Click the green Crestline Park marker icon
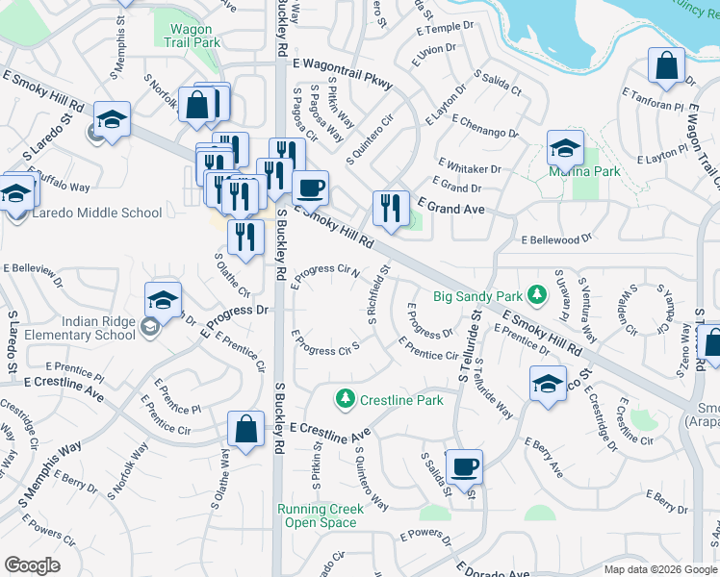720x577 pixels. tap(345, 397)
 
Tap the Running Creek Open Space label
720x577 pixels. tap(321, 515)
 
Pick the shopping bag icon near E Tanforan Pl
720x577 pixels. tap(666, 67)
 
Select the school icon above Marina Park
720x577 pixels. tap(565, 149)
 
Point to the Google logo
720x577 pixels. tap(33, 565)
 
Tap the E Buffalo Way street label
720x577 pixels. tap(60, 187)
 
